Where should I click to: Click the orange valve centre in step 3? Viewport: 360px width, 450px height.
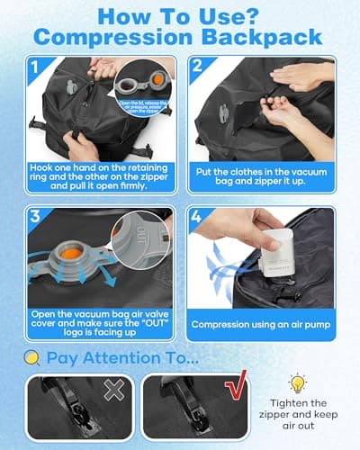(72, 248)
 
